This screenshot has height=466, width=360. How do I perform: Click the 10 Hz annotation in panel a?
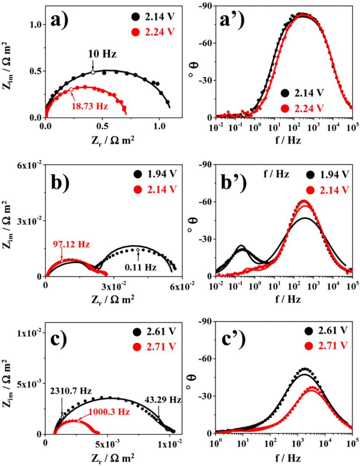point(102,55)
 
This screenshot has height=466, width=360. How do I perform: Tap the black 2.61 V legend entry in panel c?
point(153,332)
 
